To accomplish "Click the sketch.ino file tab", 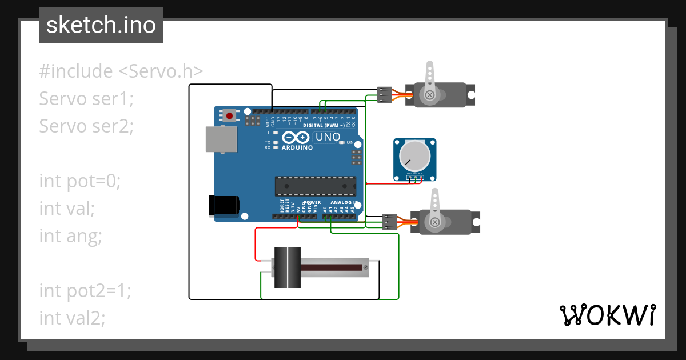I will click(x=101, y=25).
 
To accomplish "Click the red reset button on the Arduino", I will click(x=229, y=116).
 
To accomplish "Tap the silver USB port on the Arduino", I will click(x=221, y=140).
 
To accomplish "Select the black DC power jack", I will click(x=224, y=205).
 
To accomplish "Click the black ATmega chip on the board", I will click(x=315, y=186).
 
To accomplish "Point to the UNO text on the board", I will click(x=328, y=137).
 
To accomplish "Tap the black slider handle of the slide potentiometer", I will click(x=287, y=267).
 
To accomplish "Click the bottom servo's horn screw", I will click(x=435, y=222).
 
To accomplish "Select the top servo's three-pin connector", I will click(x=385, y=94).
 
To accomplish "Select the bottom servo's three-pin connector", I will click(x=390, y=222).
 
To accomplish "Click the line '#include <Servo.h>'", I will click(x=121, y=71).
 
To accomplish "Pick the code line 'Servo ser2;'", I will click(x=86, y=126).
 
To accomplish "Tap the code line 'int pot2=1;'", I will click(x=85, y=290).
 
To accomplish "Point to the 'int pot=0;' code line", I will click(x=80, y=181).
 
